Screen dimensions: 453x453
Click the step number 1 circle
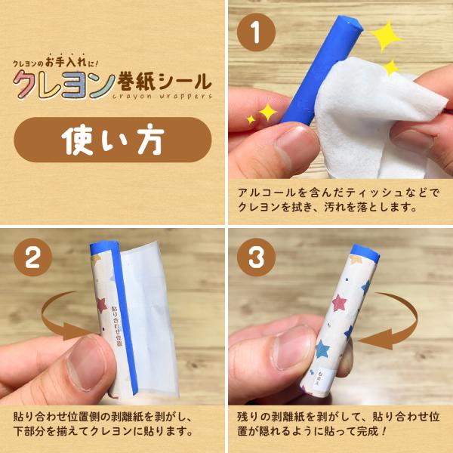point(256,32)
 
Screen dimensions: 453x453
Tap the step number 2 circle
point(32,257)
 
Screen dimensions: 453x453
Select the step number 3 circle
point(256,257)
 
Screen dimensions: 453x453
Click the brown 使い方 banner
point(112,140)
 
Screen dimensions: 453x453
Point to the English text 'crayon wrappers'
point(162,96)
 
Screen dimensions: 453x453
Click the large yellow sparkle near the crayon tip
point(386,35)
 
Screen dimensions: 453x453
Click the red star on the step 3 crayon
point(339,303)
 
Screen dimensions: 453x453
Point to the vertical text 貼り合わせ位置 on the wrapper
point(116,326)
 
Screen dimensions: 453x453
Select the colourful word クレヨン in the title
point(64,84)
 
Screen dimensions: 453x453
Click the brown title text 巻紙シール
point(164,82)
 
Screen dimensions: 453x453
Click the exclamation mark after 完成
point(383,431)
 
